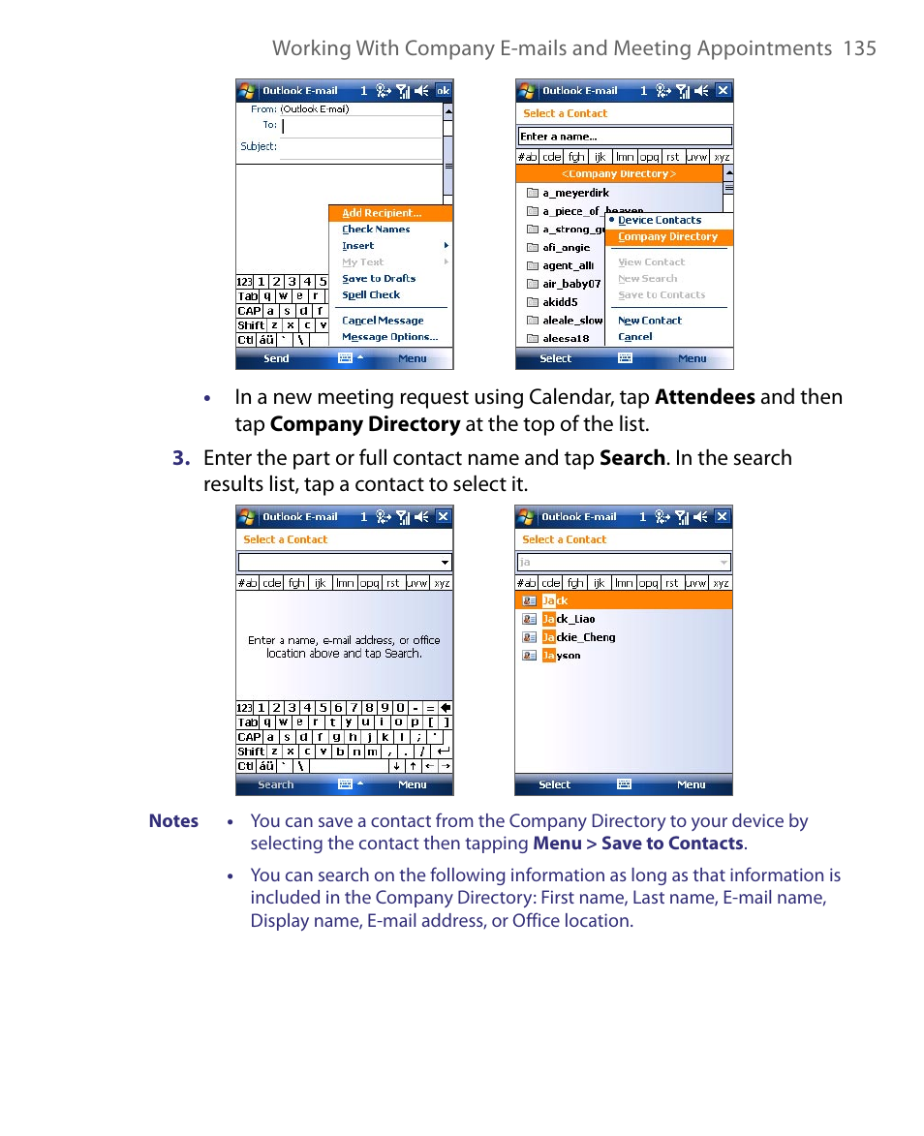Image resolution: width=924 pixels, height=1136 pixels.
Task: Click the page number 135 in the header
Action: pyautogui.click(x=859, y=48)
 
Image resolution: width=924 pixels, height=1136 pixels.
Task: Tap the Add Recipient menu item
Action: pyautogui.click(x=382, y=213)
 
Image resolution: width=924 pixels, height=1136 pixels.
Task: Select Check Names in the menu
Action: pyautogui.click(x=376, y=230)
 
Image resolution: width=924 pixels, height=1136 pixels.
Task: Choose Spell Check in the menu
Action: pyautogui.click(x=371, y=295)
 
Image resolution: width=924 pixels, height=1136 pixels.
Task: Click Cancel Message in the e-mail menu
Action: pyautogui.click(x=383, y=321)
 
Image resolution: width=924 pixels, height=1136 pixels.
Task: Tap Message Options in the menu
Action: pyautogui.click(x=389, y=337)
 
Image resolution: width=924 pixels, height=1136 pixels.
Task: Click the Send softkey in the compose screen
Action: pyautogui.click(x=276, y=359)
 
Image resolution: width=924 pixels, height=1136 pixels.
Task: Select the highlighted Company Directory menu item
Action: pyautogui.click(x=667, y=237)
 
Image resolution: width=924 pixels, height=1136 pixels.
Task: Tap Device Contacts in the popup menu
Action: pyautogui.click(x=660, y=221)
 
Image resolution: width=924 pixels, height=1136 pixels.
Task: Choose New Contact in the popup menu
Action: pyautogui.click(x=650, y=321)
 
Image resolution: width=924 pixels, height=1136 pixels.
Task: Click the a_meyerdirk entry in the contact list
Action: pyautogui.click(x=575, y=193)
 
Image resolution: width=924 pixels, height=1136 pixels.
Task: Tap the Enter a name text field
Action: pyautogui.click(x=624, y=137)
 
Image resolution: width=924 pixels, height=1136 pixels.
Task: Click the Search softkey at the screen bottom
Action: pyautogui.click(x=275, y=785)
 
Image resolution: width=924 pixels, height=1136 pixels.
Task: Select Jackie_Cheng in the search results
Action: pyautogui.click(x=578, y=637)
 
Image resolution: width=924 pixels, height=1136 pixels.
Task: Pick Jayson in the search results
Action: pyautogui.click(x=562, y=656)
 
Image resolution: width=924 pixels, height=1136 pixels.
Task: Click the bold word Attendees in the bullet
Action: pyautogui.click(x=704, y=397)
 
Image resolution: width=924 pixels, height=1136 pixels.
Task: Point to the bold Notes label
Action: pyautogui.click(x=173, y=821)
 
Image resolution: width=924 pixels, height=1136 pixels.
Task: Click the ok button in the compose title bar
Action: pyautogui.click(x=443, y=91)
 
